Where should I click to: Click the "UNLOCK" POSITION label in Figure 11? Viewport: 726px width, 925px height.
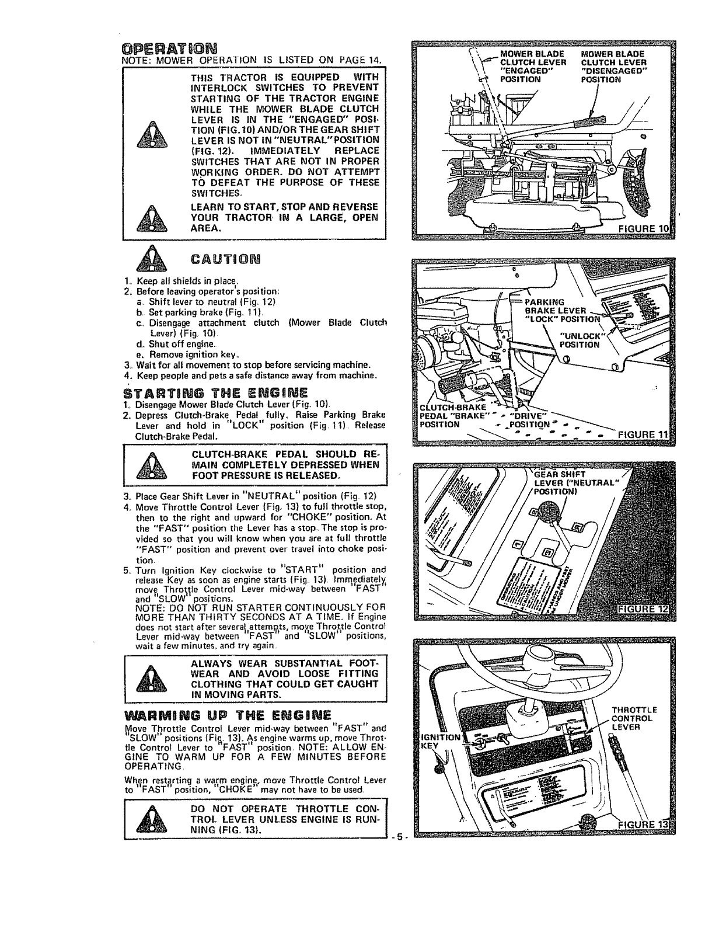coord(579,339)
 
